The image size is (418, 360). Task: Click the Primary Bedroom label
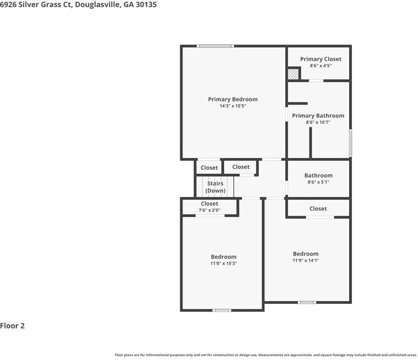click(x=232, y=99)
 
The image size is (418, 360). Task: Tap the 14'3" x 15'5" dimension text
click(x=232, y=106)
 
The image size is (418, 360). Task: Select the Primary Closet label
click(x=321, y=59)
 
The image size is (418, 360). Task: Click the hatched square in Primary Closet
click(x=294, y=74)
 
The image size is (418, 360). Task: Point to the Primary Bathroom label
click(x=318, y=116)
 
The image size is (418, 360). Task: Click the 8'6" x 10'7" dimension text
click(x=318, y=122)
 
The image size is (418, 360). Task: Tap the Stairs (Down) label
click(x=215, y=187)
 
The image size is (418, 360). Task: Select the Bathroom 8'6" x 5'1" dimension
click(x=318, y=182)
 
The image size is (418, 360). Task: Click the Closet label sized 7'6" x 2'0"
click(x=209, y=204)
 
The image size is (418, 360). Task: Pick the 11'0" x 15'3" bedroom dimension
click(x=224, y=264)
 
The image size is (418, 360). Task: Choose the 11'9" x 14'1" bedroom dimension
click(x=306, y=260)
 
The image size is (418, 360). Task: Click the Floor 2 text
click(x=13, y=326)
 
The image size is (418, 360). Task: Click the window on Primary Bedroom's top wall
click(x=215, y=46)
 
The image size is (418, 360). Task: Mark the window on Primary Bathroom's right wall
click(x=350, y=143)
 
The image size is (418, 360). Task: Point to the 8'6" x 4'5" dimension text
click(x=321, y=66)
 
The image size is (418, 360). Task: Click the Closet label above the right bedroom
click(x=318, y=209)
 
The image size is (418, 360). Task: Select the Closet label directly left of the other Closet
click(x=209, y=167)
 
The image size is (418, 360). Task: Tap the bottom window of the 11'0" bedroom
click(x=222, y=310)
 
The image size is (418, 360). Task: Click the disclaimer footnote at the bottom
click(x=265, y=355)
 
